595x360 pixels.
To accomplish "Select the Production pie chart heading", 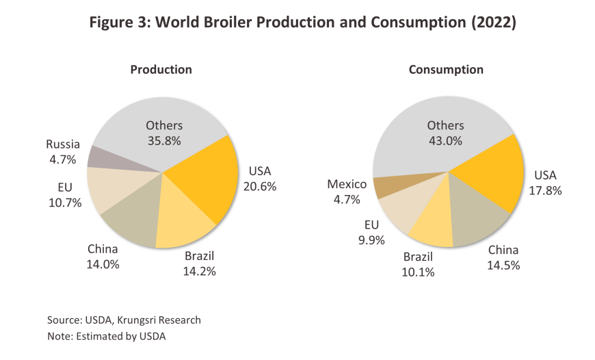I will coord(161,69).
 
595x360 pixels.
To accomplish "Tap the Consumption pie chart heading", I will coord(446,69).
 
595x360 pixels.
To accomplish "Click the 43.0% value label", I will coord(445,140).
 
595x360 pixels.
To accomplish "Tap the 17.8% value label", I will coord(545,190).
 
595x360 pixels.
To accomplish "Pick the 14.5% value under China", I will coord(503,264).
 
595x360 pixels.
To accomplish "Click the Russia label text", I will coord(63,144).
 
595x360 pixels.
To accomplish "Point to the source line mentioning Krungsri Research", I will coord(124,320).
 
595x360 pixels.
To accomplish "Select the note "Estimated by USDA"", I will coord(107,336).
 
